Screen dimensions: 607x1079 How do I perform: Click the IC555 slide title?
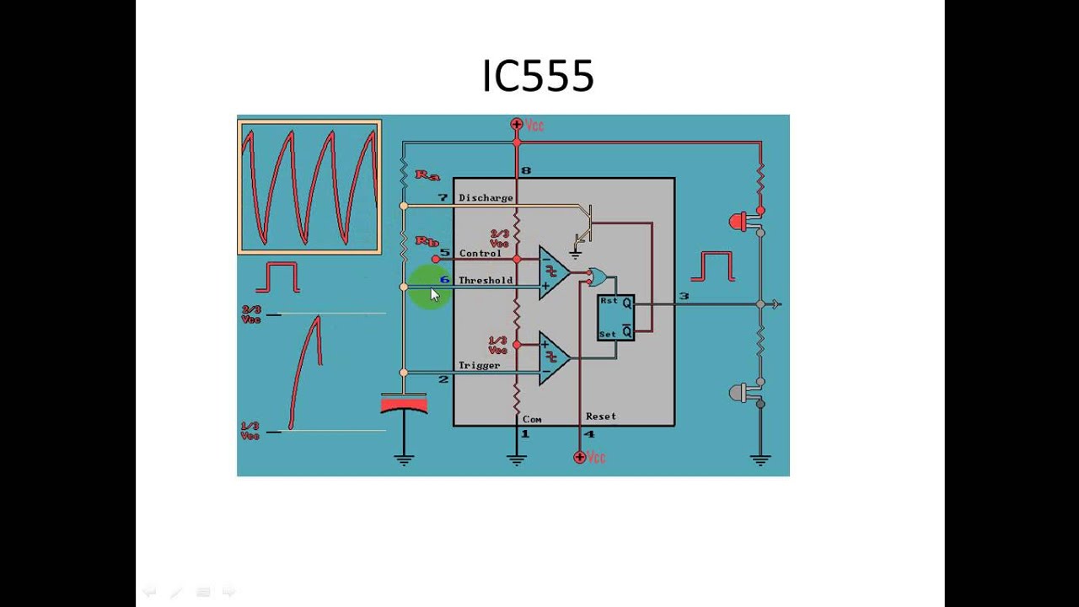[x=538, y=76]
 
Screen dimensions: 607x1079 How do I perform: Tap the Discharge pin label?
[x=486, y=198]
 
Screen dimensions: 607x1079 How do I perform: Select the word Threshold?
[x=486, y=280]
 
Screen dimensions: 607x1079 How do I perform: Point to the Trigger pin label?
[x=479, y=365]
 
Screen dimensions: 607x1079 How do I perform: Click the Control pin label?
[x=480, y=253]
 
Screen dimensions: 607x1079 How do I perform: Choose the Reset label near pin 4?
[x=601, y=416]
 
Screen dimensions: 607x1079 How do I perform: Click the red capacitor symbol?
[x=404, y=406]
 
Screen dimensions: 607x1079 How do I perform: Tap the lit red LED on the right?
[x=739, y=223]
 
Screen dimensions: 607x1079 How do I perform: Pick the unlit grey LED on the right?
[x=739, y=393]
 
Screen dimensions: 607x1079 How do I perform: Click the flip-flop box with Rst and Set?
[x=615, y=318]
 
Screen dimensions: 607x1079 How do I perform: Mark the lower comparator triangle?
[x=553, y=357]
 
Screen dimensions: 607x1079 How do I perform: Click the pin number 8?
[x=526, y=171]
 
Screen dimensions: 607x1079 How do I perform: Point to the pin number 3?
[x=684, y=296]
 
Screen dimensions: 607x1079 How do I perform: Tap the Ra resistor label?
[x=427, y=175]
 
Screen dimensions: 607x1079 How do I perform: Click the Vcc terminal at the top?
[x=518, y=125]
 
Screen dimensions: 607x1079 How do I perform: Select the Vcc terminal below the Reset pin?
[x=580, y=457]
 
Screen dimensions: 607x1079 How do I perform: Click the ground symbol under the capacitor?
[x=404, y=459]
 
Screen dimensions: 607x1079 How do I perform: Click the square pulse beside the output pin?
[x=712, y=266]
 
